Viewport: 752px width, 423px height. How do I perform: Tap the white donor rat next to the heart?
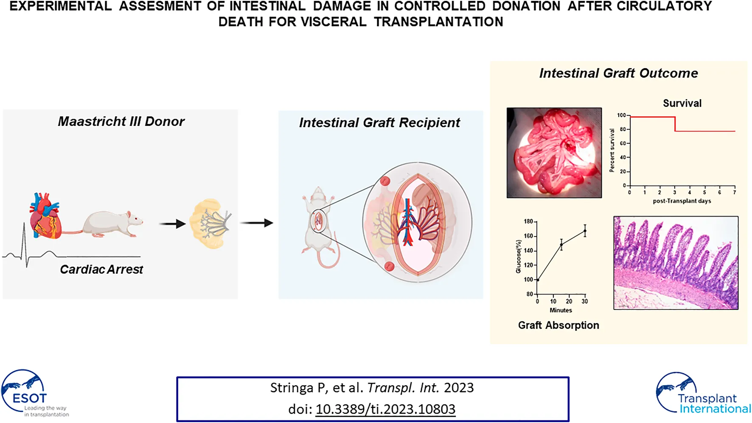[112, 223]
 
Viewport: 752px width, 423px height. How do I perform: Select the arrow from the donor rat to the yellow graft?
[172, 223]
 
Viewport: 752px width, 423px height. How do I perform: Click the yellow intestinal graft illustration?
[211, 224]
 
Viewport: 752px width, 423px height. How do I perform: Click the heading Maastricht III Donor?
[121, 122]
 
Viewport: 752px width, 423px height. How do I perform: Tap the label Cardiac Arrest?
[101, 270]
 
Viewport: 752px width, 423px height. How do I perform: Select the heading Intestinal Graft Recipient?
[379, 123]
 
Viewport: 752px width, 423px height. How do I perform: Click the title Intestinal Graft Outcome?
[618, 73]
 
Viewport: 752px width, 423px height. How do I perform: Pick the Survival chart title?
[682, 103]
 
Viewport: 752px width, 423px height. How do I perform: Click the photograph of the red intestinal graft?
[554, 153]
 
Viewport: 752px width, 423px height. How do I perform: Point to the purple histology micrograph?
[676, 263]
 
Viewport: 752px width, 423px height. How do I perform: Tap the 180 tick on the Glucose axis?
[528, 222]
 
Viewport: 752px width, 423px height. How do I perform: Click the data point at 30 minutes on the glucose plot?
[585, 231]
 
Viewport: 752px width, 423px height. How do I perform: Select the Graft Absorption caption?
[558, 326]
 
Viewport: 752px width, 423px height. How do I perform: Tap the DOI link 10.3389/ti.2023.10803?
[385, 409]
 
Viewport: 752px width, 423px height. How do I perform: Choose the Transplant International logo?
[702, 394]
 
